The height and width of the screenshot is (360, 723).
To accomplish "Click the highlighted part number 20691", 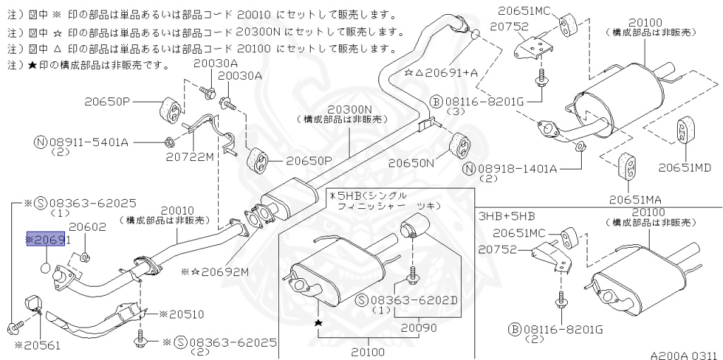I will tap(49, 240).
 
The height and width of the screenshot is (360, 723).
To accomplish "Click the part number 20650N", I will tap(410, 162).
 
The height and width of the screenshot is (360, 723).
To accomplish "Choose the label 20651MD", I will tap(684, 168).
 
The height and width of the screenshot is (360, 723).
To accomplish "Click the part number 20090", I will tap(420, 328).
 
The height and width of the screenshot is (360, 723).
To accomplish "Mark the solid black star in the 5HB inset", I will tap(318, 323).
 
